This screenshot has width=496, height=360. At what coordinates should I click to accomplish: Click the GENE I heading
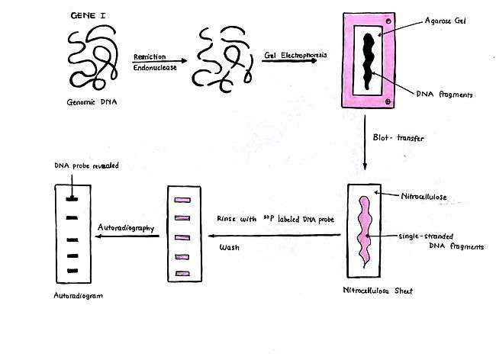point(88,15)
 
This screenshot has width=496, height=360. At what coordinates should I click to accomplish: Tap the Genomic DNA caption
point(92,102)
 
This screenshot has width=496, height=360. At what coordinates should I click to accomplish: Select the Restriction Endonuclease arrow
point(159,61)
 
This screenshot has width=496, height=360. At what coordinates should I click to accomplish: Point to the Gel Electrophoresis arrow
point(289,60)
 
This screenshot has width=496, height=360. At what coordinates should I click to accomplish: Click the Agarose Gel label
point(446,21)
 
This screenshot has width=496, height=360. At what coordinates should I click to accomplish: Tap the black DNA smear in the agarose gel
point(369,61)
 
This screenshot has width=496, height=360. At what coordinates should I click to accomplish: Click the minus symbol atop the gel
point(388,21)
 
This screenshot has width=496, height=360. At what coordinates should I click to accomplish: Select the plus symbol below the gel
point(388,101)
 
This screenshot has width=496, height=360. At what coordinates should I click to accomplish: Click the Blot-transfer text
point(398,137)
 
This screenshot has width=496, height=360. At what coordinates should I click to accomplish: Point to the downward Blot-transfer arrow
point(365,143)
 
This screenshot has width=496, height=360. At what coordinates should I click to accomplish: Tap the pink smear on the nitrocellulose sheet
point(365,231)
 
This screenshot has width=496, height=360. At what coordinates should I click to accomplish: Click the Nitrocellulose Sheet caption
point(378,291)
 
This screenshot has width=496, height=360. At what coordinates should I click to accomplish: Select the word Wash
point(230,247)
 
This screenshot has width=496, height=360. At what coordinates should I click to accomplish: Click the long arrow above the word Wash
point(274,236)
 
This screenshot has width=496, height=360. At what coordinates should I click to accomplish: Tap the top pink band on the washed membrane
point(182,200)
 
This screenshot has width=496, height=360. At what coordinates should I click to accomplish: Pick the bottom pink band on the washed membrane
point(182,274)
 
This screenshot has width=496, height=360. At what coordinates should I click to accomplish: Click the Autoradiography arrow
point(127,236)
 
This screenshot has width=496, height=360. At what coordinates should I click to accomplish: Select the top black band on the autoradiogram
point(72,199)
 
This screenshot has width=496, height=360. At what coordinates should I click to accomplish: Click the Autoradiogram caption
point(78,296)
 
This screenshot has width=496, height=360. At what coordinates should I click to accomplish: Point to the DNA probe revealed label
point(87,166)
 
